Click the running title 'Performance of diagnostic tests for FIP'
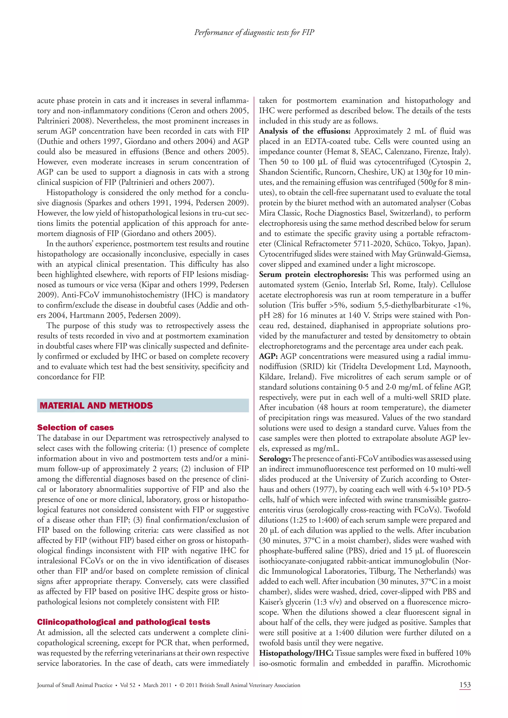[254, 32]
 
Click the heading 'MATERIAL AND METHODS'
[96, 406]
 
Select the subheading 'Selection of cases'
[75, 427]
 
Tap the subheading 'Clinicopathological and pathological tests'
[124, 622]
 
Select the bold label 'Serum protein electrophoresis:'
[314, 274]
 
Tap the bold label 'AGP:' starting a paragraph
[268, 357]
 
